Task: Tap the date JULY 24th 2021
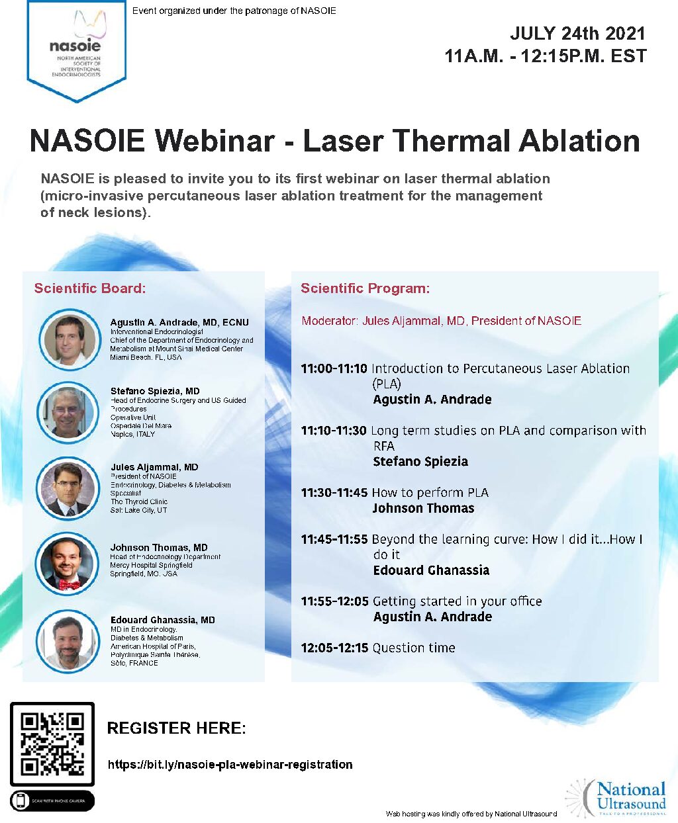(577, 34)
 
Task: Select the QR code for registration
(52, 744)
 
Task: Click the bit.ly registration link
(230, 765)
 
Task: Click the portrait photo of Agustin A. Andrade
(69, 339)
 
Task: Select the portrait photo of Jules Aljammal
(68, 489)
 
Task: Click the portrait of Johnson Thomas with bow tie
(66, 564)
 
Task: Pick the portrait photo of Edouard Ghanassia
(67, 640)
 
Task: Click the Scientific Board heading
(90, 288)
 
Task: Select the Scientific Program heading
(365, 288)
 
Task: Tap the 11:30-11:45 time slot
(334, 493)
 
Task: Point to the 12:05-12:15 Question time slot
(377, 648)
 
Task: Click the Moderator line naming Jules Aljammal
(441, 321)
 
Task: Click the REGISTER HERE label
(176, 728)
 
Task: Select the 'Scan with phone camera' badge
(52, 801)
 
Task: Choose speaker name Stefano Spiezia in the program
(420, 462)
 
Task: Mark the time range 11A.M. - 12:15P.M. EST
(545, 56)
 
